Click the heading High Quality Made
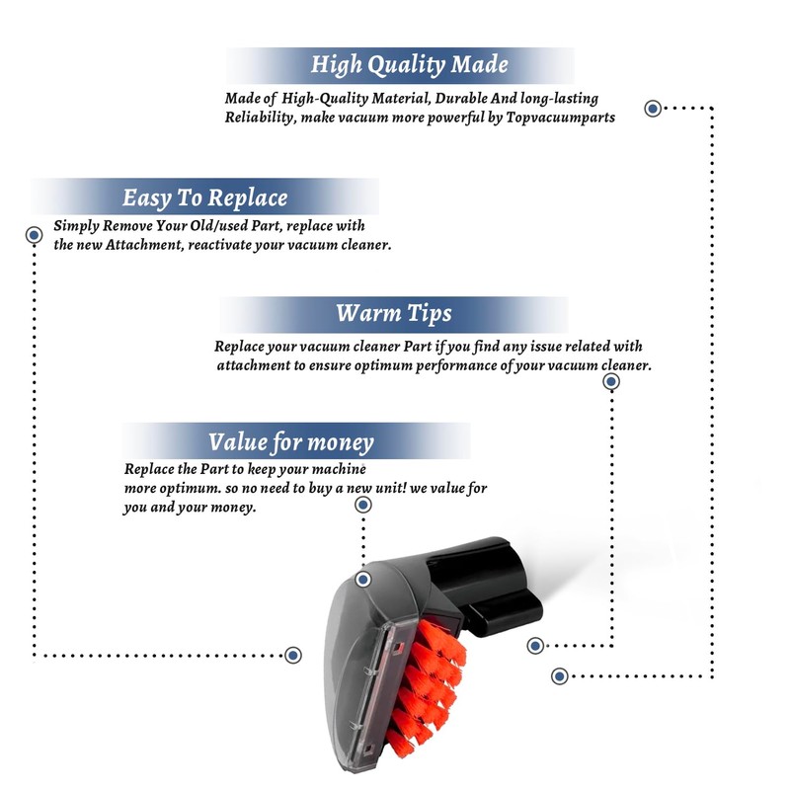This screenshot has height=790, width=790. pyautogui.click(x=409, y=64)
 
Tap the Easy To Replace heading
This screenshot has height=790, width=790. pyautogui.click(x=205, y=197)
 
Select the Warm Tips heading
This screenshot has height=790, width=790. pyautogui.click(x=394, y=313)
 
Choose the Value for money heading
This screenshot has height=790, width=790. pyautogui.click(x=291, y=441)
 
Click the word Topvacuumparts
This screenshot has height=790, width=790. pyautogui.click(x=560, y=118)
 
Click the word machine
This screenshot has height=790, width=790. pyautogui.click(x=339, y=469)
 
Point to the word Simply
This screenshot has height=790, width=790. pyautogui.click(x=76, y=226)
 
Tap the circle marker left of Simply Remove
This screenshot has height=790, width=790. pyautogui.click(x=34, y=235)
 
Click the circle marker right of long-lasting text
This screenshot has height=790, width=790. pyautogui.click(x=653, y=109)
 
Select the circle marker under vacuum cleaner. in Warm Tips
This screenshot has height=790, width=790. pyautogui.click(x=611, y=382)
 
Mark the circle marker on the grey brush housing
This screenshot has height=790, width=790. pyautogui.click(x=363, y=580)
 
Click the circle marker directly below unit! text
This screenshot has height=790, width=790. pyautogui.click(x=363, y=505)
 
